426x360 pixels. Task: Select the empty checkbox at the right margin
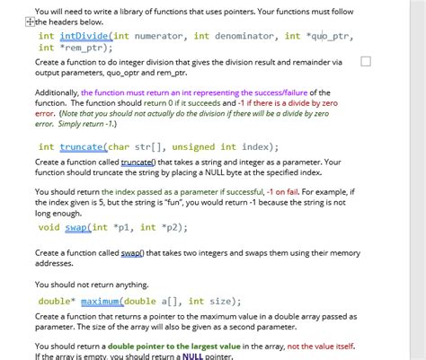coord(365,61)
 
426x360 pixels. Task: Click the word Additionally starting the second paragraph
coord(56,92)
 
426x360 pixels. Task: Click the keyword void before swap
coord(49,227)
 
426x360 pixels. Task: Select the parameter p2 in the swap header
coord(173,227)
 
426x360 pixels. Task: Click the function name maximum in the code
coord(104,302)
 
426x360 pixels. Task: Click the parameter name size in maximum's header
coord(225,302)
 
